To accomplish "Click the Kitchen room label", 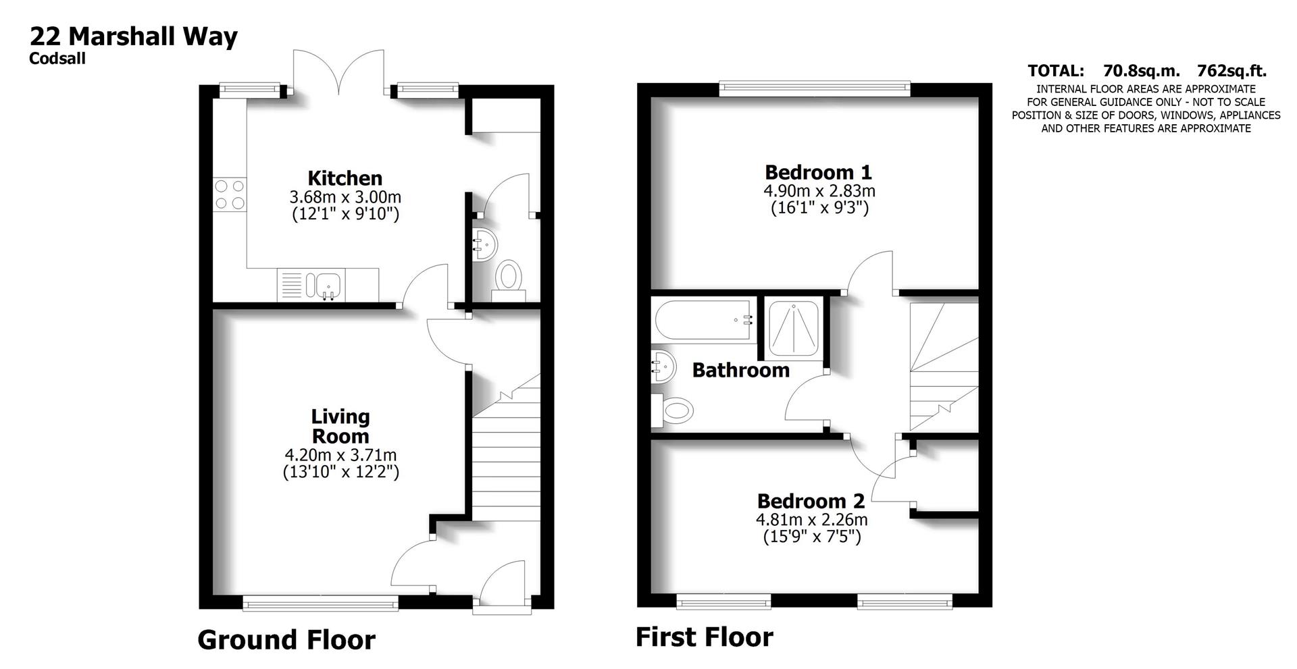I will coord(345,178).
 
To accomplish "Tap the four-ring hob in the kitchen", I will coord(229,194).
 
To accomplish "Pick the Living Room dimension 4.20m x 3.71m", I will coord(340,455).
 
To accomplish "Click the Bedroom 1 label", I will coord(818,172).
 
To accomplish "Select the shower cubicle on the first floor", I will coord(794,327).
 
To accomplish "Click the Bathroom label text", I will coord(740,370).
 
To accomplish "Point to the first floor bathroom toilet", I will coord(673,410).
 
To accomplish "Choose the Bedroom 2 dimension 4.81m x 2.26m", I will coord(811,520).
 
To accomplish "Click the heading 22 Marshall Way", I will coord(133,35).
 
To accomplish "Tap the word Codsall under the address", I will coord(57,59).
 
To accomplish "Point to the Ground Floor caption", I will coord(286,640).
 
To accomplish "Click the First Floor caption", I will coord(704,637).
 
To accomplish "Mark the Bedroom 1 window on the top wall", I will coord(815,88).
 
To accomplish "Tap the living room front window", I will coord(320,604).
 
